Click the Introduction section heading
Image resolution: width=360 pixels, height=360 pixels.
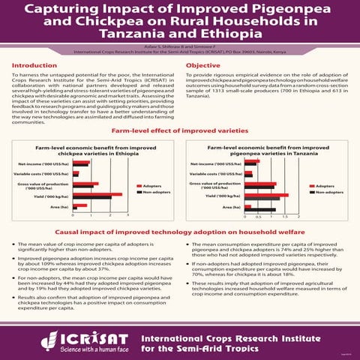click(x=36, y=65)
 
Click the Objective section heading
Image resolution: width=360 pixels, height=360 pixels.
click(x=202, y=65)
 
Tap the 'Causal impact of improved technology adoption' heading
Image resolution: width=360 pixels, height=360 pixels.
click(x=180, y=233)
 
